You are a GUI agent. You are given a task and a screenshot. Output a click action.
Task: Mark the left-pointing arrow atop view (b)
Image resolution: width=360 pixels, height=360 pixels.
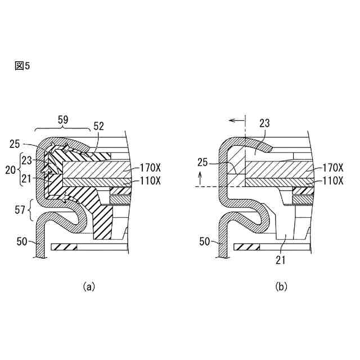tap(236, 120)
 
